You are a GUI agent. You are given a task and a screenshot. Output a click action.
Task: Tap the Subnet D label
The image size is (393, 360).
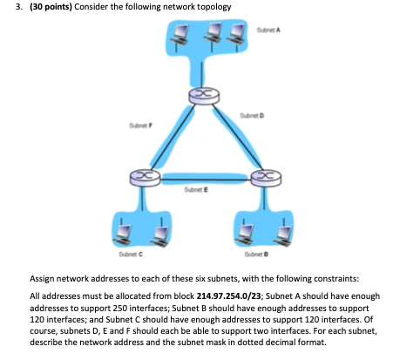tap(252, 117)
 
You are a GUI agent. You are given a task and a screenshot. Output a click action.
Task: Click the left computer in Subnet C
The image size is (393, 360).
tap(125, 230)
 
